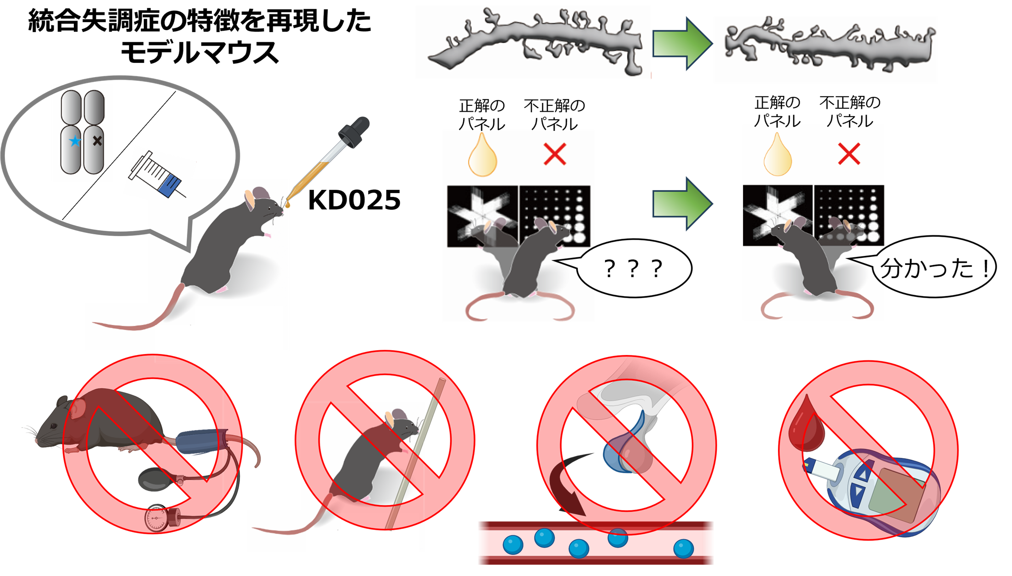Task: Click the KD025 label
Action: [354, 200]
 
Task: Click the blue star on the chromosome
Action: [74, 141]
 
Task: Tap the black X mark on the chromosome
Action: [97, 141]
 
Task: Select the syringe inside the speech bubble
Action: [157, 174]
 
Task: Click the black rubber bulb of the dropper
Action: [355, 131]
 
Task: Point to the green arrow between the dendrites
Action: [683, 44]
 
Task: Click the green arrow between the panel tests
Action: [683, 204]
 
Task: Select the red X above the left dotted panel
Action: [555, 154]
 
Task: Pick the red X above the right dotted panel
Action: [849, 154]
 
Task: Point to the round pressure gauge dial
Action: [157, 518]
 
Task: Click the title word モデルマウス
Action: [199, 52]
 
